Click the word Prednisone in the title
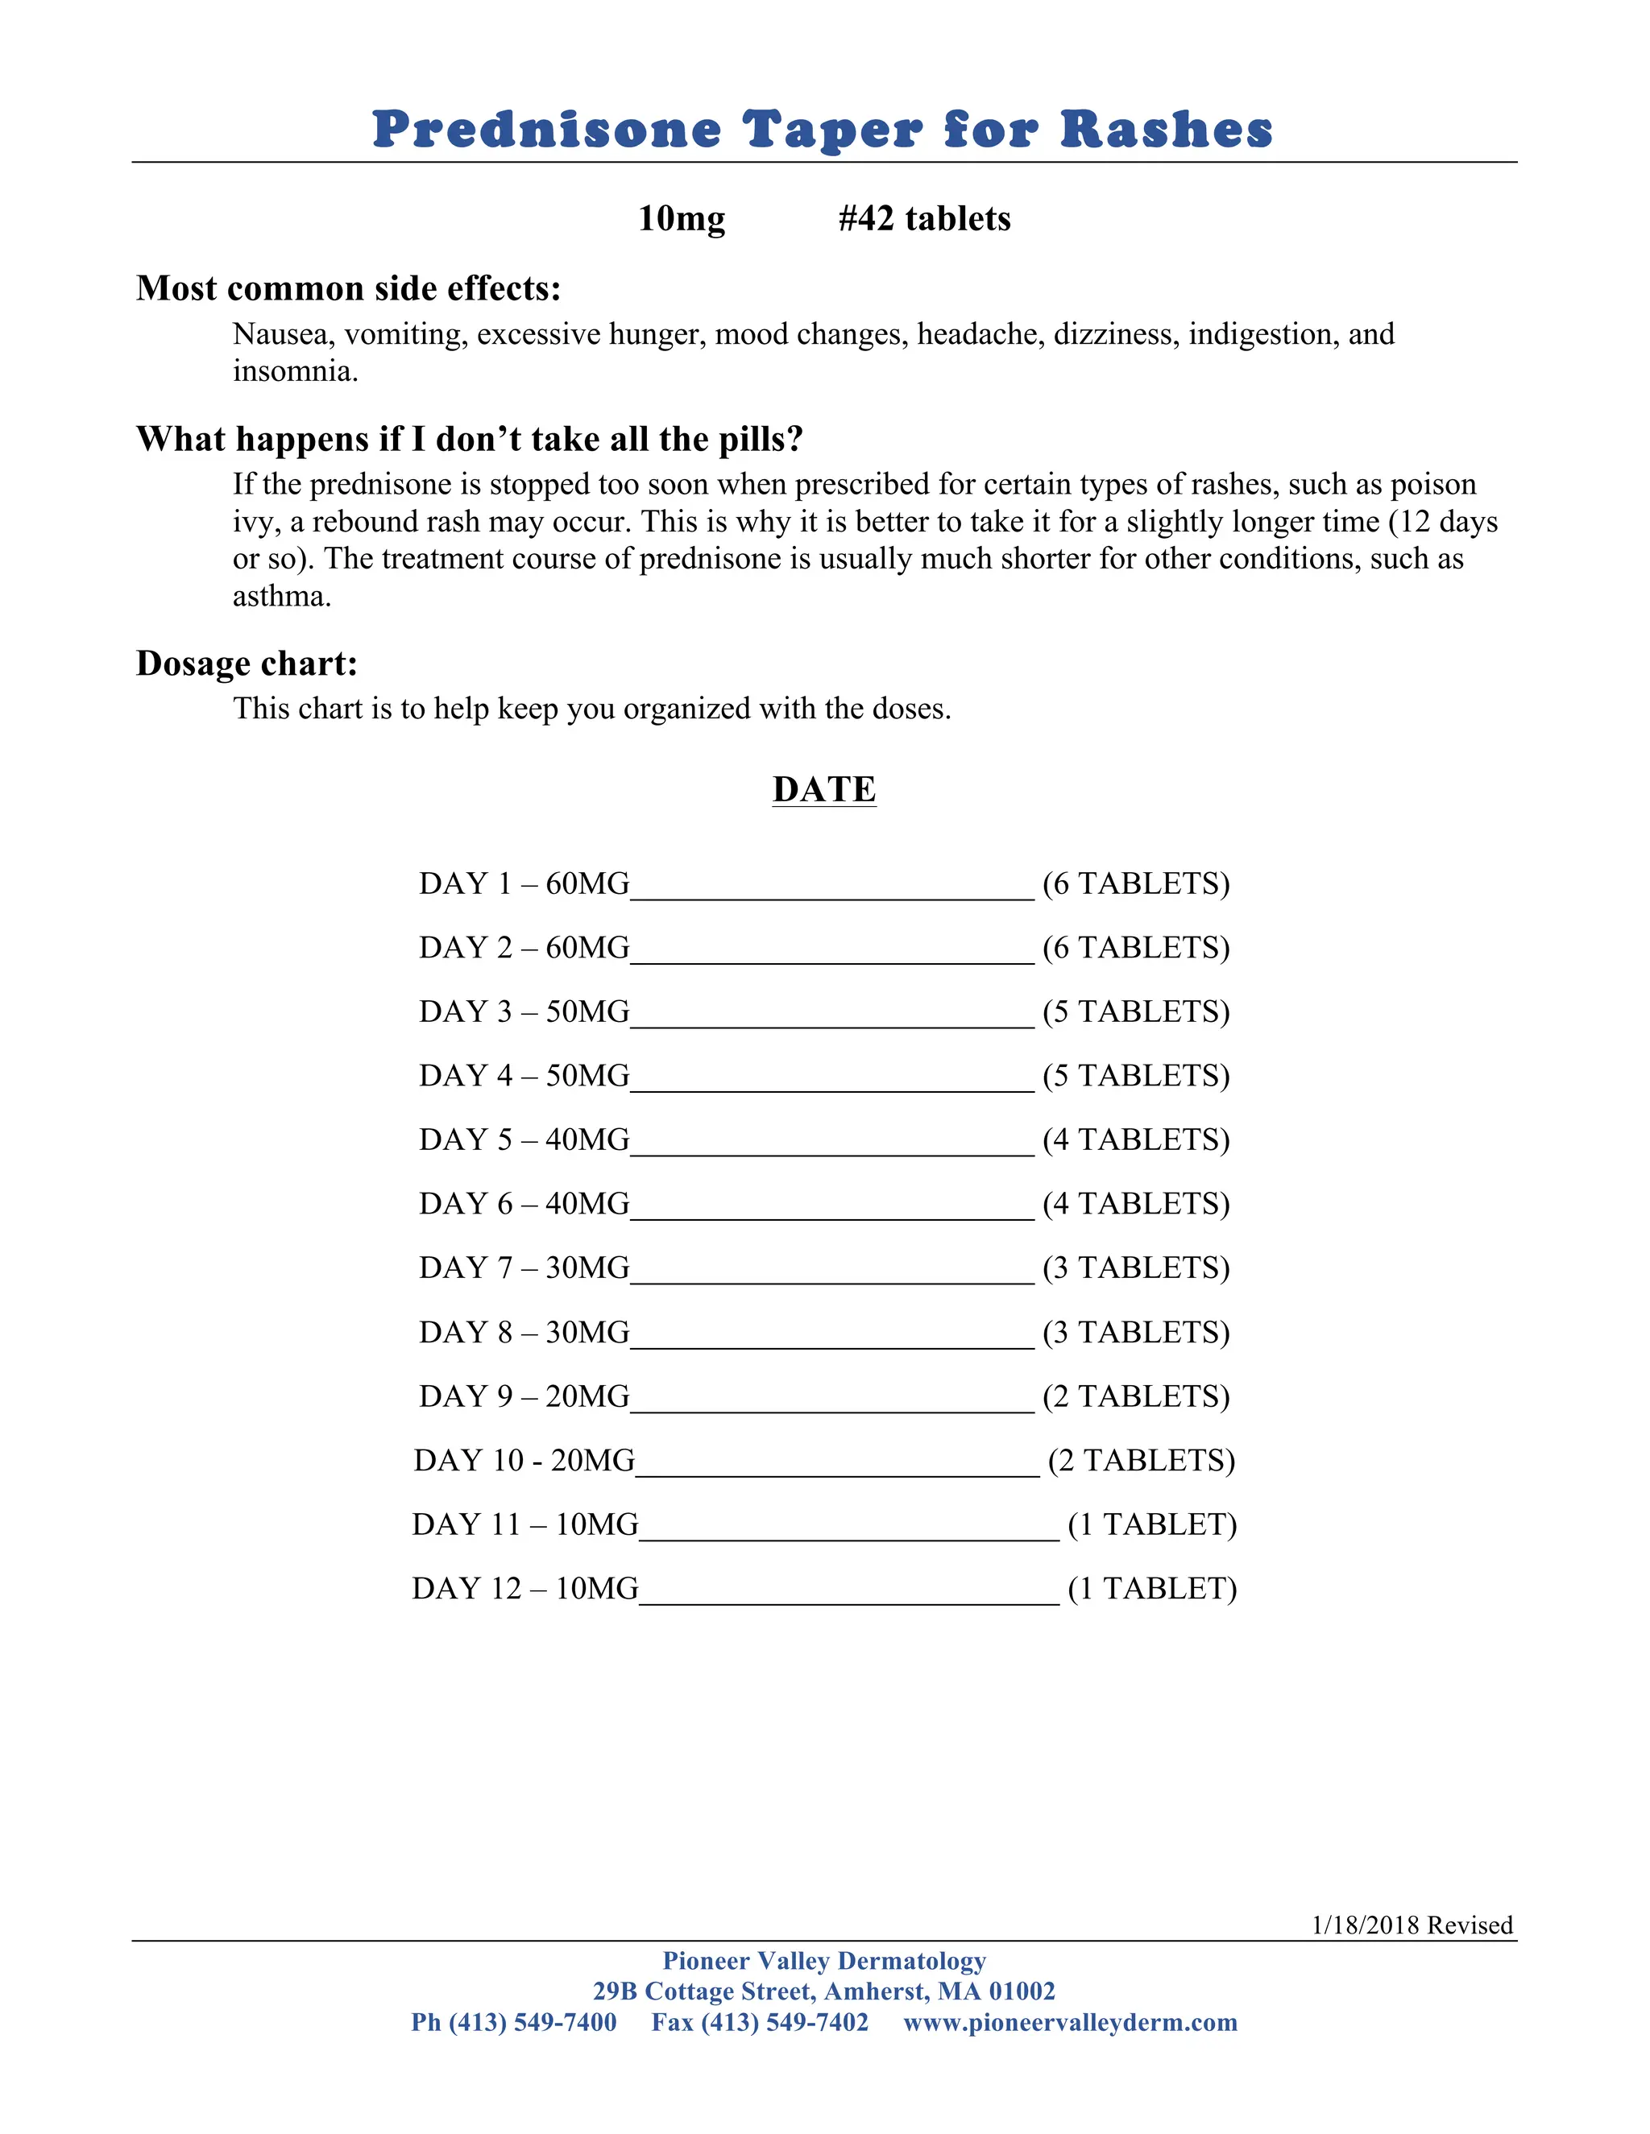pyautogui.click(x=546, y=130)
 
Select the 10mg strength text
pyautogui.click(x=682, y=218)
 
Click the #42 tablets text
pyautogui.click(x=924, y=218)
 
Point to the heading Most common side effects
pyautogui.click(x=349, y=288)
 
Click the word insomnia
pyautogui.click(x=294, y=371)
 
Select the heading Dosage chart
pyautogui.click(x=247, y=664)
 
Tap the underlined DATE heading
pyautogui.click(x=824, y=789)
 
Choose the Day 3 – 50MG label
pyautogui.click(x=524, y=1011)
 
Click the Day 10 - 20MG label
pyautogui.click(x=524, y=1460)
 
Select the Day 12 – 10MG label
pyautogui.click(x=525, y=1588)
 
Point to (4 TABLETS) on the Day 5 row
pyautogui.click(x=1136, y=1139)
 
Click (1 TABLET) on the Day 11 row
pyautogui.click(x=1151, y=1524)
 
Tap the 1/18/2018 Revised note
pyautogui.click(x=1412, y=1925)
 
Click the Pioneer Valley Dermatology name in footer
pyautogui.click(x=824, y=1961)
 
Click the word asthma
pyautogui.click(x=280, y=596)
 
